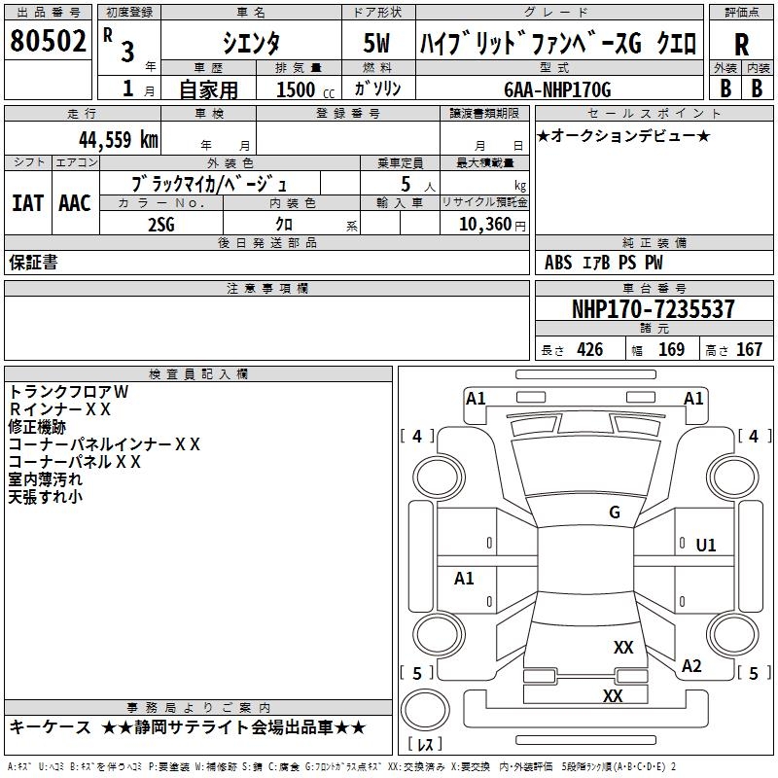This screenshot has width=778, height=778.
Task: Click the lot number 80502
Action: tap(48, 42)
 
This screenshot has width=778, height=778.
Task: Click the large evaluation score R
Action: tap(741, 45)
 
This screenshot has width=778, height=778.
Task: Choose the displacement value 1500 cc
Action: tap(297, 89)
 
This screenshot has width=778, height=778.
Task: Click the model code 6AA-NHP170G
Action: tap(557, 89)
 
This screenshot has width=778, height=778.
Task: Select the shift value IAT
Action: tap(27, 203)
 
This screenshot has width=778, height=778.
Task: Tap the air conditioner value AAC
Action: tap(74, 203)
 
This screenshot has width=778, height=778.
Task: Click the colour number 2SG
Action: tap(161, 225)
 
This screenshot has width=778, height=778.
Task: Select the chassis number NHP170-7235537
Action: tap(654, 309)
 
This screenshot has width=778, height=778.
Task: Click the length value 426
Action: tap(588, 350)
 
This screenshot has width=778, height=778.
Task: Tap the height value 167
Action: tap(748, 350)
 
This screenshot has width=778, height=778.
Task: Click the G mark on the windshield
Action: tap(615, 513)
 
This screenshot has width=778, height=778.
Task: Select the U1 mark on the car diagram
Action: tap(706, 546)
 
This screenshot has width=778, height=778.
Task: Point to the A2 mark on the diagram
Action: tap(691, 666)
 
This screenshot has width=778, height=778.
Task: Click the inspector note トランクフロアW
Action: tap(68, 391)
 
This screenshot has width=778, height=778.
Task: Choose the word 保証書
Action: tap(33, 263)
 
